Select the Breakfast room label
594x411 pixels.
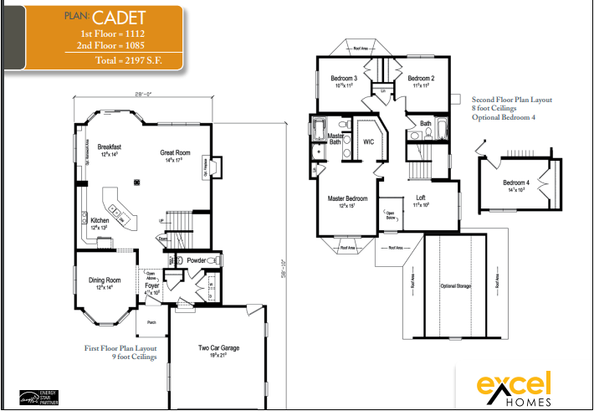(110, 146)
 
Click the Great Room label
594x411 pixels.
(176, 153)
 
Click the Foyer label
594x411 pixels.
(151, 286)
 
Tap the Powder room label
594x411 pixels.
(195, 260)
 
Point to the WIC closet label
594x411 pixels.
(367, 141)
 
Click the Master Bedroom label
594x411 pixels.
(347, 198)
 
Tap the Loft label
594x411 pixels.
(420, 198)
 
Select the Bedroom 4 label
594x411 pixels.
(515, 183)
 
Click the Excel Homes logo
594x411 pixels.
(514, 389)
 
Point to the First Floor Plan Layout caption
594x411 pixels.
(120, 347)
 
